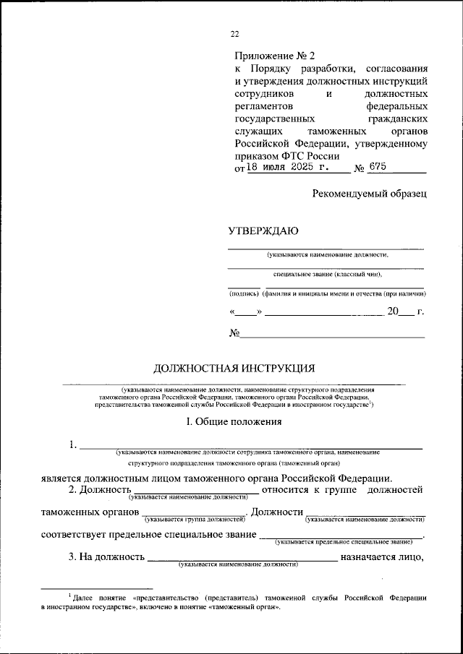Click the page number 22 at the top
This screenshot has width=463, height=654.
[x=234, y=33]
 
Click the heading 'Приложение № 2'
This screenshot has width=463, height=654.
[x=276, y=56]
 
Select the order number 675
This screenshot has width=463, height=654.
[x=377, y=167]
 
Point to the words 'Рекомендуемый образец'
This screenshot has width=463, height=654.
[x=370, y=193]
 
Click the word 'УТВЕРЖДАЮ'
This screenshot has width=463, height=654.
[x=263, y=231]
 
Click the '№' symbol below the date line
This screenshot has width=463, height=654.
[x=234, y=333]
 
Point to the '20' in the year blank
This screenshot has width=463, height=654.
[x=393, y=312]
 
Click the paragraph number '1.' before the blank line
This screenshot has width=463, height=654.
[x=73, y=444]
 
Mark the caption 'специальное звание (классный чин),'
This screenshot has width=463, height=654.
[x=327, y=274]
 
